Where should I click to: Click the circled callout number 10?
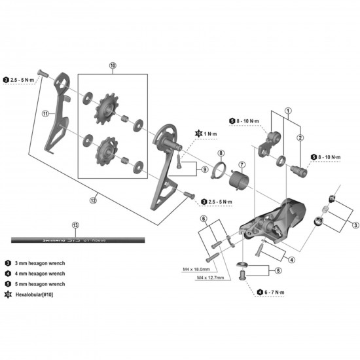[x=113, y=66]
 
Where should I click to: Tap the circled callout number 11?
[x=46, y=113]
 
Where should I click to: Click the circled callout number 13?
[x=75, y=225]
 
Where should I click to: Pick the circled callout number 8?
[x=221, y=153]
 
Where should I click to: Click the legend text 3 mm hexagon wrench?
[x=38, y=262]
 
